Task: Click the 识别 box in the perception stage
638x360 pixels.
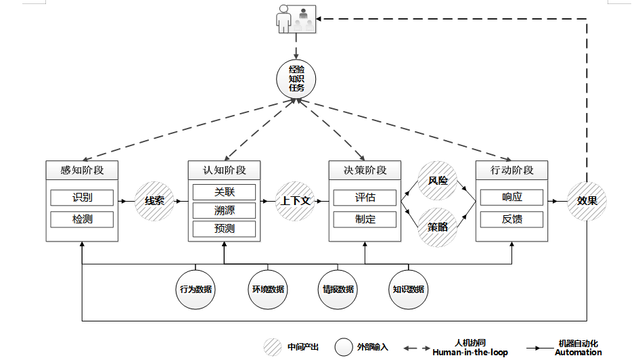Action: pos(82,198)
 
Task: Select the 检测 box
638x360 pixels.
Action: pos(82,219)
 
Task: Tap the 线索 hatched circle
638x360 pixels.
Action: pos(154,201)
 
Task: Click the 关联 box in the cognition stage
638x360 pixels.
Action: pos(224,192)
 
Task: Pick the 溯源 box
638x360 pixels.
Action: pos(224,210)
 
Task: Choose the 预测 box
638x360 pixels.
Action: pos(224,229)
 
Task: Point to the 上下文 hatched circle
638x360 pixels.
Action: pos(296,201)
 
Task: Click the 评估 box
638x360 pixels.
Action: pos(365,198)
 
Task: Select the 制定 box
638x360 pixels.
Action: pos(365,219)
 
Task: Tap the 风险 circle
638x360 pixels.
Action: pos(438,181)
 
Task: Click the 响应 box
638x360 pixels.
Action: pos(511,198)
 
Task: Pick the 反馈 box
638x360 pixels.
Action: pos(511,219)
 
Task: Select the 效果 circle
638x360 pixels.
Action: pos(587,201)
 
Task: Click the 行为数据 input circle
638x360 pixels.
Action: pos(196,290)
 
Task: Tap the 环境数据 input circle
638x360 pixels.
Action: pos(267,290)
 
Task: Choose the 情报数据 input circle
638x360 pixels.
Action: pos(338,290)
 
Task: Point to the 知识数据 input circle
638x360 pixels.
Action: pos(408,290)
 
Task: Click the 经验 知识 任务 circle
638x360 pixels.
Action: pos(296,78)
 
